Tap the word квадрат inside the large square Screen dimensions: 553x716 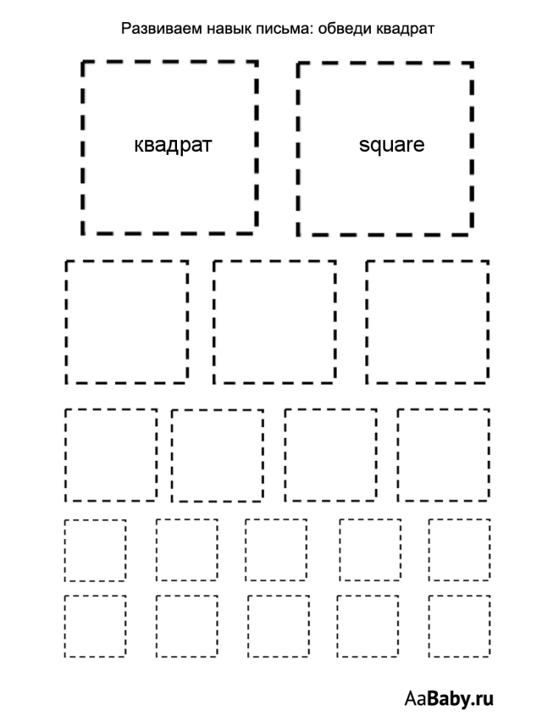click(x=173, y=145)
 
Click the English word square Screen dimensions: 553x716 click(x=392, y=145)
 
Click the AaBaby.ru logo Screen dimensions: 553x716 click(x=449, y=698)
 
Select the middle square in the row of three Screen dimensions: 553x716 click(x=214, y=322)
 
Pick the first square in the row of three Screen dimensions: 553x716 click(x=66, y=322)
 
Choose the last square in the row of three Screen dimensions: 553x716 click(x=366, y=322)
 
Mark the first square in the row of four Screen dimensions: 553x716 click(x=66, y=455)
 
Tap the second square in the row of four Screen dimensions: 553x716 click(x=172, y=456)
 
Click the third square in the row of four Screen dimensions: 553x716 click(x=285, y=455)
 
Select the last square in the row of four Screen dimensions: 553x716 click(x=398, y=455)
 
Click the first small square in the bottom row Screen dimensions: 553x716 click(x=65, y=626)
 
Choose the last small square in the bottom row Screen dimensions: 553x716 click(x=429, y=626)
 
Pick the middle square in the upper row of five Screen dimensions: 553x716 click(x=246, y=550)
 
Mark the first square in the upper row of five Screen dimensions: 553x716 click(x=65, y=550)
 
